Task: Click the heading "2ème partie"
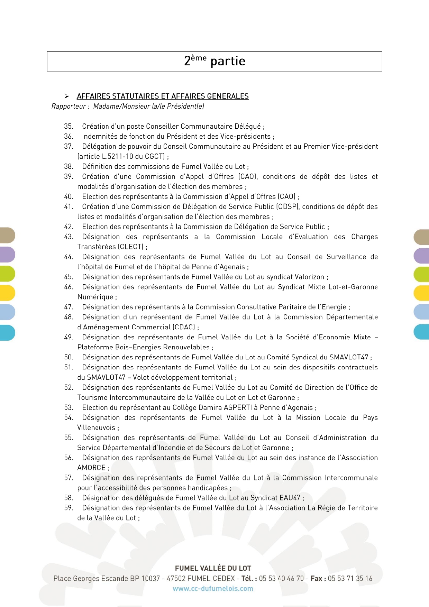coord(214,61)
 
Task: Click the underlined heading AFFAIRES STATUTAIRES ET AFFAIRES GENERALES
coord(163,96)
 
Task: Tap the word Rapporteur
coord(69,106)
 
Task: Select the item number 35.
coord(69,126)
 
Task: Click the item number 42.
coord(69,227)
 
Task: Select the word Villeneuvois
coord(96,427)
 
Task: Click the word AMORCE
coord(91,468)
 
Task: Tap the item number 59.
coord(69,508)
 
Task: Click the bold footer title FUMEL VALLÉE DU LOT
coord(213,568)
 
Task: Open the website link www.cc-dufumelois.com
coord(213,588)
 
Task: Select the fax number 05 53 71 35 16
coord(350,578)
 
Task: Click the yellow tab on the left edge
coord(7,293)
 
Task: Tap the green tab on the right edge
coord(421,274)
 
